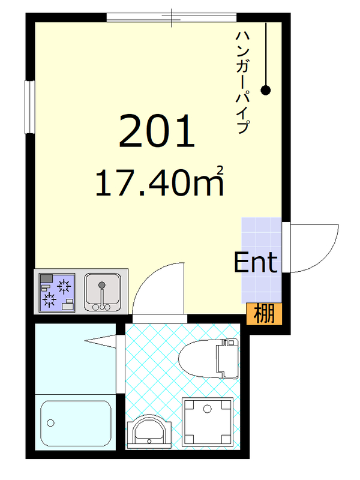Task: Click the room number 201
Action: tap(157, 131)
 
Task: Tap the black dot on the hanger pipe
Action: tap(265, 91)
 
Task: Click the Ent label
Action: tap(255, 262)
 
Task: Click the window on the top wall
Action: tap(171, 17)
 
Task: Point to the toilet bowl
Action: tap(198, 359)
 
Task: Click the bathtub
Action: tap(76, 424)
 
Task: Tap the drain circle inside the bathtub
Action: tap(51, 424)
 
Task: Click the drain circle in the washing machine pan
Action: tap(207, 409)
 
